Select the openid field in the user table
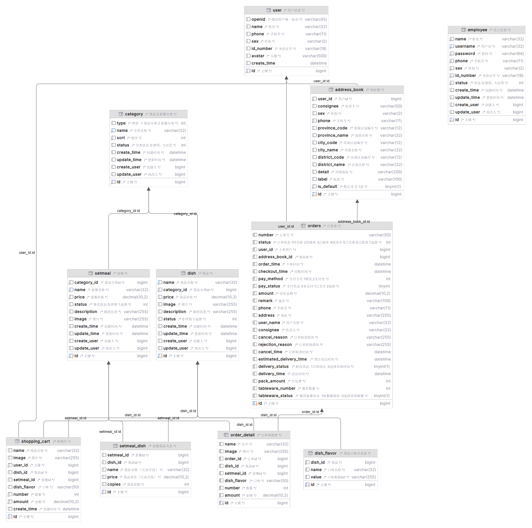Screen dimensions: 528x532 click(258, 19)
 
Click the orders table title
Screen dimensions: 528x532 click(314, 226)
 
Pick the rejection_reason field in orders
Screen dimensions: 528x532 click(275, 345)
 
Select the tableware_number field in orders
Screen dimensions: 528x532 click(277, 388)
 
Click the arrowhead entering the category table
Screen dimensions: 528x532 click(149, 189)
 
